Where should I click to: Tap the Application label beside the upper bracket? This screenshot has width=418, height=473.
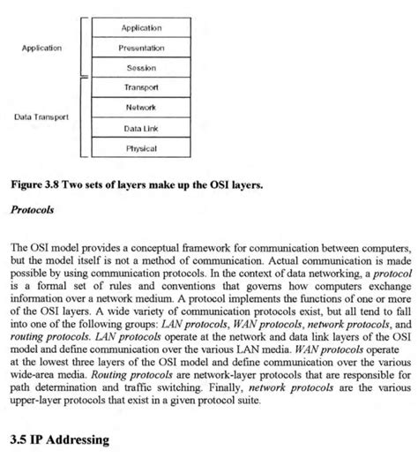tap(41, 48)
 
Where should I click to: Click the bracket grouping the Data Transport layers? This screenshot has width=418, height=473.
tap(82, 117)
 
